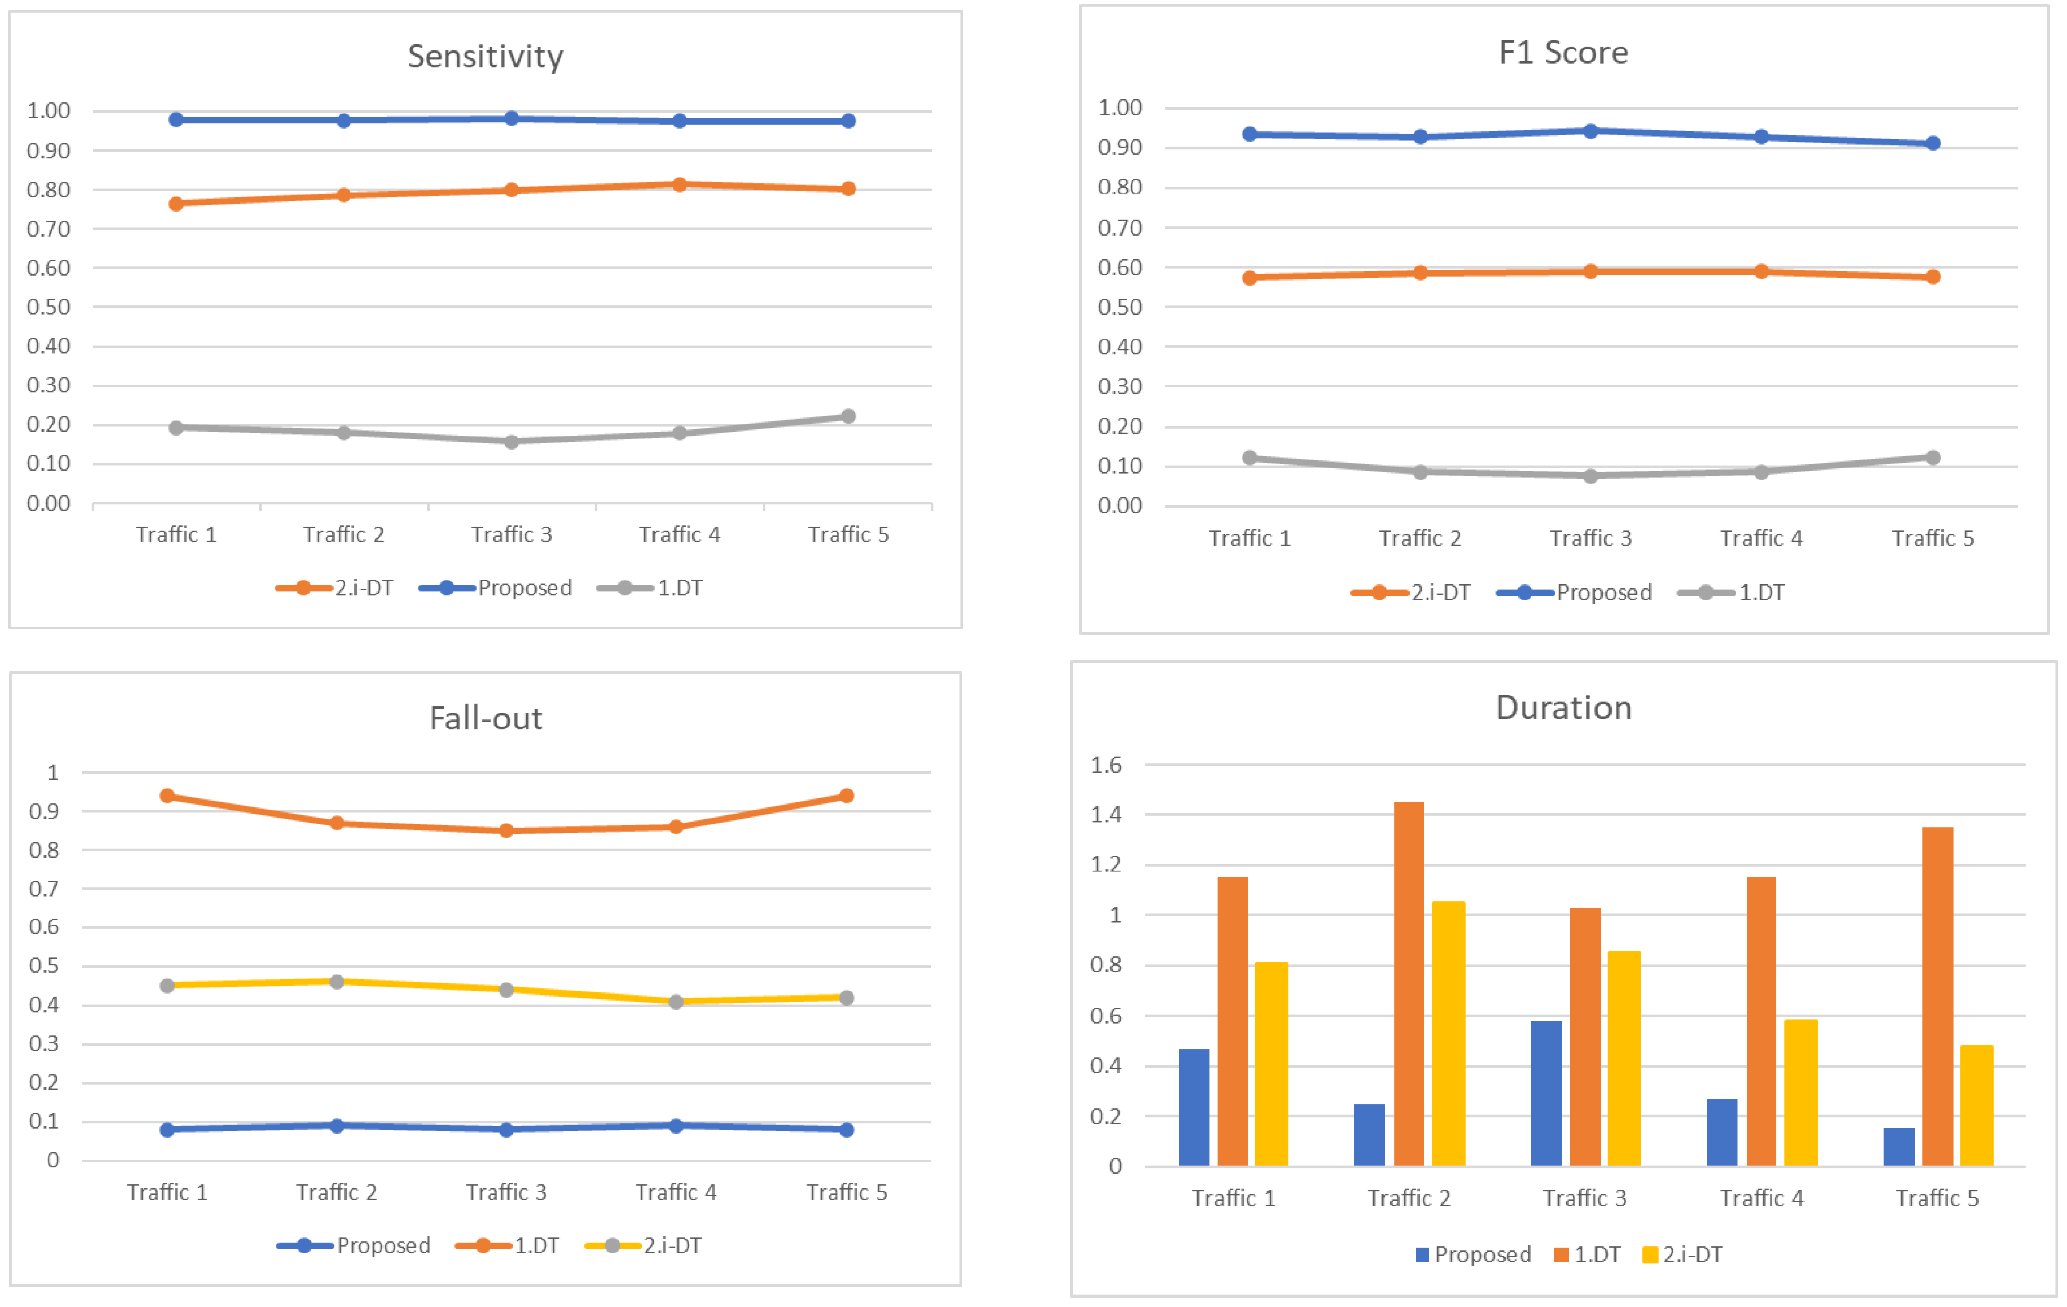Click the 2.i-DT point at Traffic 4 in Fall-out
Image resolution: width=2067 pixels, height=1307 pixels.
click(676, 1002)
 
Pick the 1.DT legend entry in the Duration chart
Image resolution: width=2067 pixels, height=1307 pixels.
click(1587, 1255)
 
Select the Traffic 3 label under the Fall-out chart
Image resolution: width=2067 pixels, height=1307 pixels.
click(506, 1192)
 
